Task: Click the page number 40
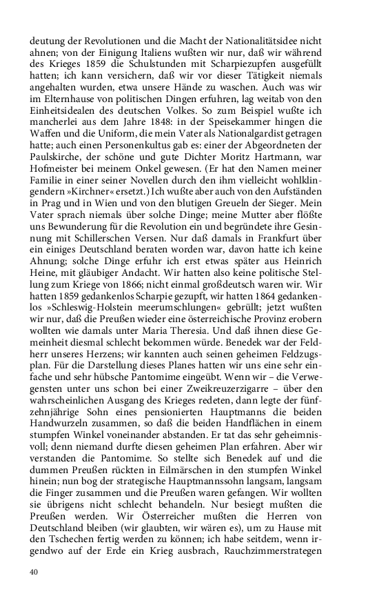click(34, 573)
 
